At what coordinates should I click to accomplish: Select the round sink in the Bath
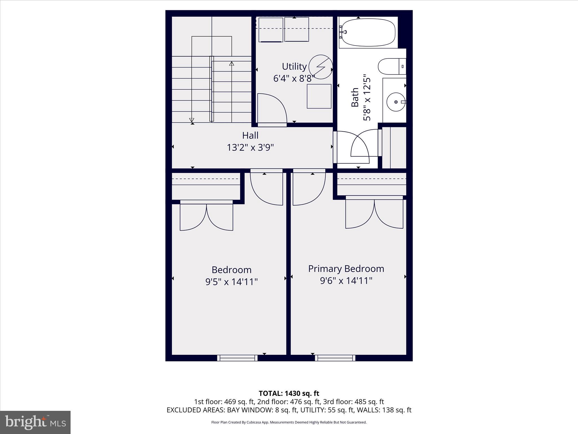(x=396, y=102)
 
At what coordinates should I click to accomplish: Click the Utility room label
(x=294, y=66)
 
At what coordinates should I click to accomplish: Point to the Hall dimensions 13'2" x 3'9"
(x=250, y=147)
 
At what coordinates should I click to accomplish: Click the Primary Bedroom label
(x=346, y=268)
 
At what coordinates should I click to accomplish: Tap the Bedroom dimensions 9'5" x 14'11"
(x=231, y=282)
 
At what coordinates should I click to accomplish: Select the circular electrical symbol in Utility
(x=321, y=67)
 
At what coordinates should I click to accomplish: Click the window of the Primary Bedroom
(x=335, y=358)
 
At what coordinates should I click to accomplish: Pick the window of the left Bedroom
(x=237, y=358)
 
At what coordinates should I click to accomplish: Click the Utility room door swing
(x=272, y=109)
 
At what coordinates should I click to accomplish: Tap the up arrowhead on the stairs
(x=232, y=63)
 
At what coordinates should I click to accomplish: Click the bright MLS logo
(x=35, y=422)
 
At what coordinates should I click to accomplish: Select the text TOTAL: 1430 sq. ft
(x=289, y=393)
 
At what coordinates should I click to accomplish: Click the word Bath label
(x=355, y=97)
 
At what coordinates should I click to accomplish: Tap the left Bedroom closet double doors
(x=207, y=216)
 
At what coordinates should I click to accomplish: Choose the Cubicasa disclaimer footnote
(x=289, y=422)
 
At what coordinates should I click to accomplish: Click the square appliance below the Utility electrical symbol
(x=319, y=96)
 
